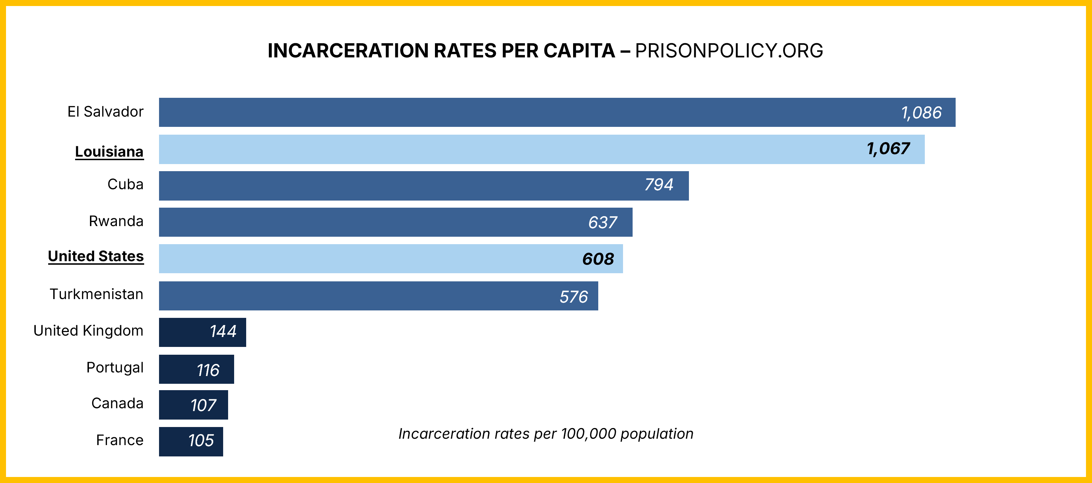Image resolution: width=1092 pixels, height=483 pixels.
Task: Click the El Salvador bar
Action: pyautogui.click(x=509, y=112)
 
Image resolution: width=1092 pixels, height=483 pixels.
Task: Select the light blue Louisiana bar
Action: pyautogui.click(x=509, y=149)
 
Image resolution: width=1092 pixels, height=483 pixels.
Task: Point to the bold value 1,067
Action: pyautogui.click(x=888, y=148)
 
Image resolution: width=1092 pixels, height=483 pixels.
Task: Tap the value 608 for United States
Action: pyautogui.click(x=598, y=259)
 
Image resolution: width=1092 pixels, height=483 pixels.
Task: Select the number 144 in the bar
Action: pyautogui.click(x=223, y=332)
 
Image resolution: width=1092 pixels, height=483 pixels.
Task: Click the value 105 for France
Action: pyautogui.click(x=201, y=440)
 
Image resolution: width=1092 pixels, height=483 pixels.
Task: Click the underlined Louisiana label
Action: pyautogui.click(x=109, y=151)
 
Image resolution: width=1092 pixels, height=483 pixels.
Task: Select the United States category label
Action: pyautogui.click(x=96, y=256)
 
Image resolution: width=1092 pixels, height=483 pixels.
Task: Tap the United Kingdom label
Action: pyautogui.click(x=88, y=330)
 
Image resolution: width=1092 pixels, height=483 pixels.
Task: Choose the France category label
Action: pyautogui.click(x=120, y=440)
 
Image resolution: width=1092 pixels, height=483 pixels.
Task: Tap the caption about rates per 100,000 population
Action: pyautogui.click(x=545, y=434)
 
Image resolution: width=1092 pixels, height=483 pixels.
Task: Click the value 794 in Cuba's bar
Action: pyautogui.click(x=658, y=185)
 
